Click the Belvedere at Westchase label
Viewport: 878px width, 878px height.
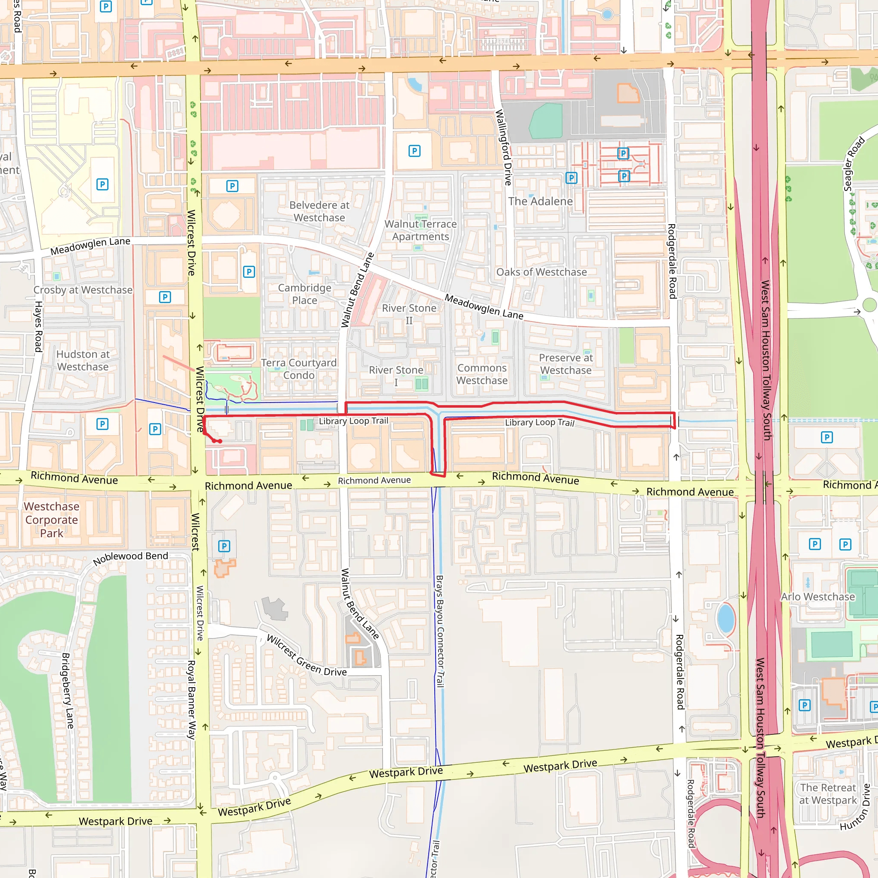coord(319,211)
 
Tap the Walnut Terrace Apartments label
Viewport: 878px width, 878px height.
coord(421,230)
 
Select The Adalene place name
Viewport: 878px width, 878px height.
coord(540,201)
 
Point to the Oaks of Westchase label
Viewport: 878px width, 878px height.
coord(541,272)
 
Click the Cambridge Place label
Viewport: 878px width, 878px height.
coord(304,294)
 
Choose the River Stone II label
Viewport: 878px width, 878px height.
coord(409,314)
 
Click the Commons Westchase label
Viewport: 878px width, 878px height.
coord(482,374)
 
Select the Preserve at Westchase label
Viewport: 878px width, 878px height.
coord(566,364)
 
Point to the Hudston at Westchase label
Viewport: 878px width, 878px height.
coord(83,361)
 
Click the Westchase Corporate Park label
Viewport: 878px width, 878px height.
coord(51,520)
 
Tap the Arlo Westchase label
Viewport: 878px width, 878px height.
coord(818,597)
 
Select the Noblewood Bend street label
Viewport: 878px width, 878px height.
coord(130,559)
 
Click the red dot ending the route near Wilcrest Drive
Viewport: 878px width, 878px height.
coord(220,441)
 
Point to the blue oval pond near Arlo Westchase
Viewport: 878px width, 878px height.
coord(726,619)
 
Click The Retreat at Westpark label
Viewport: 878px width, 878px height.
coord(828,794)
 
